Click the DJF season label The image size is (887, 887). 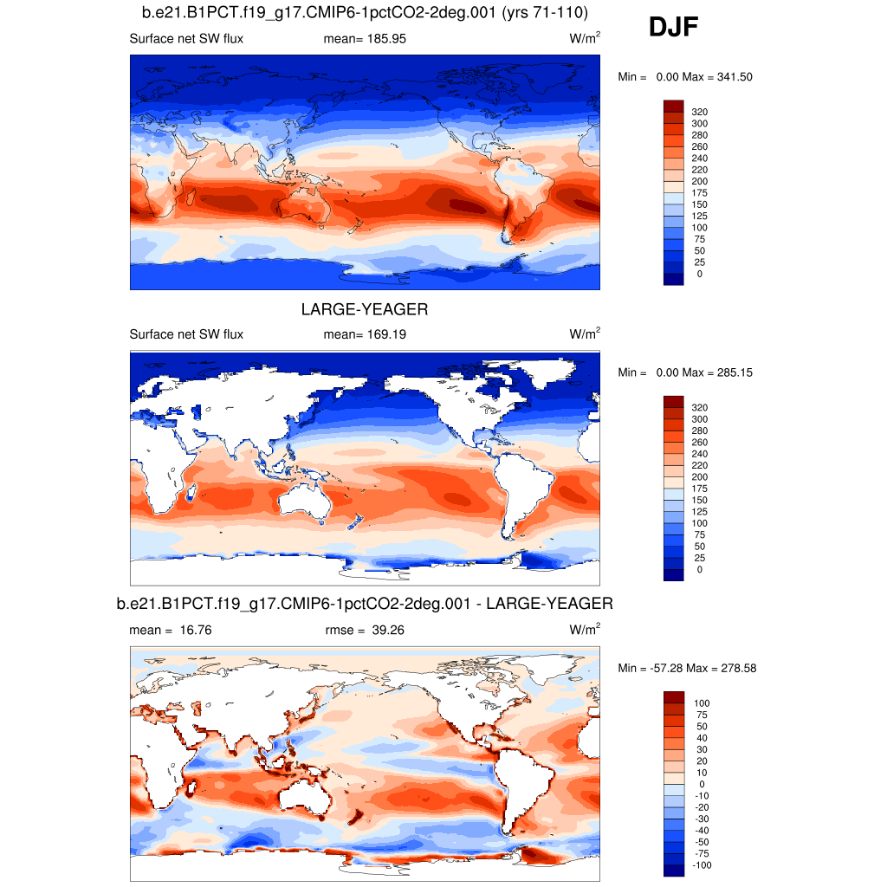coord(673,29)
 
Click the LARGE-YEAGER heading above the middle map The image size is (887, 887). coord(365,309)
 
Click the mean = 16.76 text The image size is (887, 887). coord(170,631)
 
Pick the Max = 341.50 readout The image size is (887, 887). coord(717,77)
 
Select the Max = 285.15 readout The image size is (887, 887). coord(717,372)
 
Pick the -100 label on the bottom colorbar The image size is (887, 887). coord(701,865)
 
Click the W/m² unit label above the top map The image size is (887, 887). coord(585,38)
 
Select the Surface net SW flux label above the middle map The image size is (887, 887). coord(186,334)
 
